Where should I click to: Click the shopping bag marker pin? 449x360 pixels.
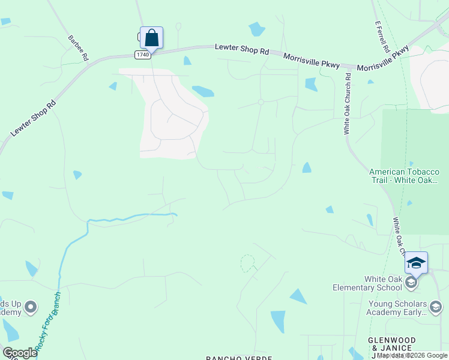click(x=151, y=38)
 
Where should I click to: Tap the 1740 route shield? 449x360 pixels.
click(x=142, y=55)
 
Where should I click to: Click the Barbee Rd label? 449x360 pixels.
click(x=79, y=48)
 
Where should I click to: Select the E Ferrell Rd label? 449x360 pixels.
click(x=383, y=37)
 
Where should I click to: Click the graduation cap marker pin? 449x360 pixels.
click(x=416, y=262)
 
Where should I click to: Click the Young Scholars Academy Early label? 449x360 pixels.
click(x=396, y=308)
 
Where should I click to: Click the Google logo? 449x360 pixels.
click(x=20, y=353)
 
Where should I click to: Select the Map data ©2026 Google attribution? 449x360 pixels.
click(x=412, y=355)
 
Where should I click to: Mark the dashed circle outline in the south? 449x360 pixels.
click(x=247, y=263)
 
